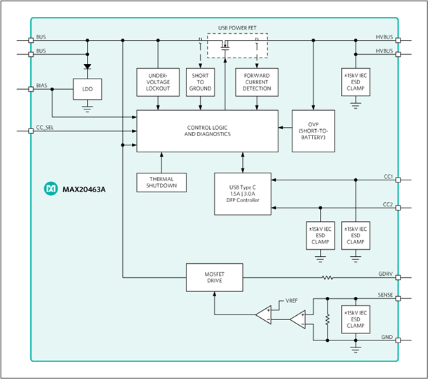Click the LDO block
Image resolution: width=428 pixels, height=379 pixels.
tap(87, 89)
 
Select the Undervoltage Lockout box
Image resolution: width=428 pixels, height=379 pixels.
tap(158, 81)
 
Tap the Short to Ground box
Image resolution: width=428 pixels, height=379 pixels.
tap(201, 81)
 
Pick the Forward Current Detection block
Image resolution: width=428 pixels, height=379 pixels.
tap(256, 81)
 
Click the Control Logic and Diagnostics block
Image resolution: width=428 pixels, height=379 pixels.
tap(207, 130)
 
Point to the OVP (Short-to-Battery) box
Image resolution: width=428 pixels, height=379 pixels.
tap(313, 130)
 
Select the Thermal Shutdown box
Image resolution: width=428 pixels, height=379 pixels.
tap(162, 182)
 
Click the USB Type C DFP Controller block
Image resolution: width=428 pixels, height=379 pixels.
tap(242, 190)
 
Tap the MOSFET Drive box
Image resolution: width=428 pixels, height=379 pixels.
tap(214, 277)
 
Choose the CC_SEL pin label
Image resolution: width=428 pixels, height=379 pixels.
tap(45, 127)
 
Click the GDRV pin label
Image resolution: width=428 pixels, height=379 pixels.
tap(384, 274)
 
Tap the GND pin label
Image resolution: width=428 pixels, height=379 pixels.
tap(387, 338)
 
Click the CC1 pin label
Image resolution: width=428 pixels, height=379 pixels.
tap(387, 176)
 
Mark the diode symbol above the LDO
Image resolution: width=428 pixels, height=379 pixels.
tap(87, 67)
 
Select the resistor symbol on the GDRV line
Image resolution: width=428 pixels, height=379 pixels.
tap(327, 277)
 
